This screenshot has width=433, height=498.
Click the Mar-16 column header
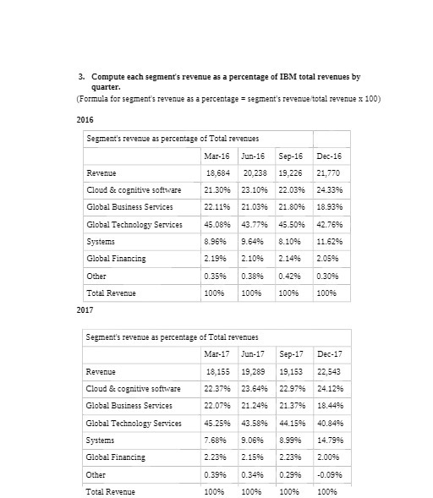point(216,156)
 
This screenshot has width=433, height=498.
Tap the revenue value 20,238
point(254,172)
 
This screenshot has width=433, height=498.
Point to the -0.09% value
point(330,473)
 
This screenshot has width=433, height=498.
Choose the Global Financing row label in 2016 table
point(116,258)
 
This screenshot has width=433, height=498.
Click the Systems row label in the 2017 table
point(101,440)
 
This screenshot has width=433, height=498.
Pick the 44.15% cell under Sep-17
point(293,423)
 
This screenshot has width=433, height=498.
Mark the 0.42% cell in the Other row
point(291,276)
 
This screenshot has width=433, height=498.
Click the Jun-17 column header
point(254,353)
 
